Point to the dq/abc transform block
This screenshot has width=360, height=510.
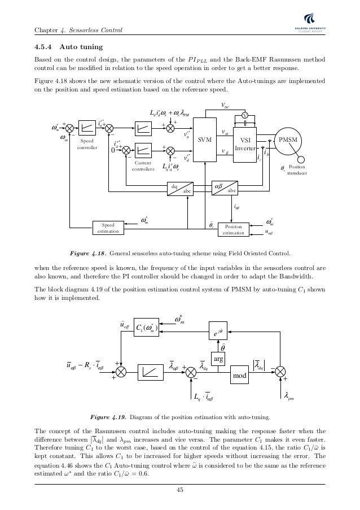point(181,189)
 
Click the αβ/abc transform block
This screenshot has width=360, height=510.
point(225,189)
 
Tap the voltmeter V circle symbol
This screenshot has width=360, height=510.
point(245,115)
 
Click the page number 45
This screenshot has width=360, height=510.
point(179,490)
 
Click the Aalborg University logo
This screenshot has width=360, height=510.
point(325,28)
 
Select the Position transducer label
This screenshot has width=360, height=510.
point(297,171)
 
